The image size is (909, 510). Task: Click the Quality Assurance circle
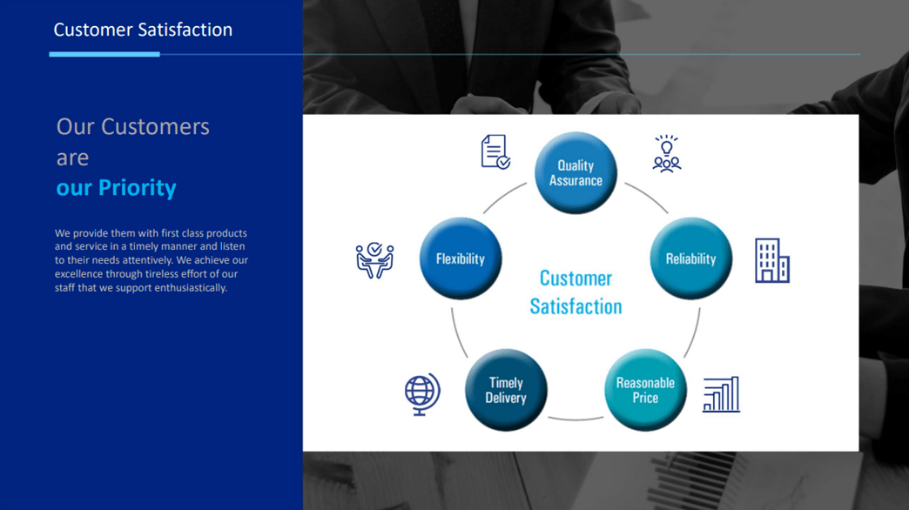click(x=576, y=172)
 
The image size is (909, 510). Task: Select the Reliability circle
click(x=691, y=258)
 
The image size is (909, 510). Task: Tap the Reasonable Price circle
click(x=645, y=390)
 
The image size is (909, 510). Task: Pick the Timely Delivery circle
click(x=506, y=390)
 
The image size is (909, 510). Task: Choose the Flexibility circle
click(x=461, y=258)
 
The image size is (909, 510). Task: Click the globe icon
click(x=422, y=394)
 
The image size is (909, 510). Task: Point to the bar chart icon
click(x=721, y=394)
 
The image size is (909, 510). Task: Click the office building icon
click(x=772, y=260)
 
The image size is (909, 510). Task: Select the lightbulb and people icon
click(x=667, y=153)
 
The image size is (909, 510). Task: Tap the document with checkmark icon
click(x=495, y=151)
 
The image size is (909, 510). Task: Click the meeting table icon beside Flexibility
click(x=374, y=260)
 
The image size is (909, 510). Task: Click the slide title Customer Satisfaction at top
click(x=143, y=30)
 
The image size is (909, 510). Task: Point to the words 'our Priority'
click(x=116, y=188)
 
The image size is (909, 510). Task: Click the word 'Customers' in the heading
click(x=155, y=126)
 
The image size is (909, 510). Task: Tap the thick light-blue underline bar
click(x=104, y=55)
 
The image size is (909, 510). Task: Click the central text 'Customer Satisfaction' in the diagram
click(x=576, y=292)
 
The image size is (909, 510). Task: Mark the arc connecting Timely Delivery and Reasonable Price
click(x=576, y=419)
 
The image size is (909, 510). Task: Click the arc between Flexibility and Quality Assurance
click(x=503, y=196)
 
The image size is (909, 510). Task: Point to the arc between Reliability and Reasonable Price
click(x=694, y=334)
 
